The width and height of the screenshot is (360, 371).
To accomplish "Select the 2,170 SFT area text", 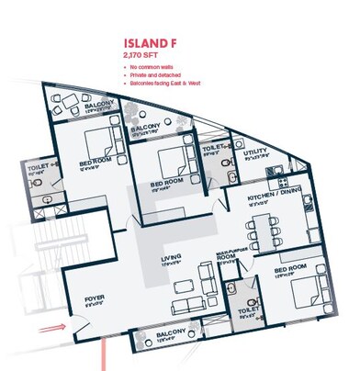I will pyautogui.click(x=141, y=54).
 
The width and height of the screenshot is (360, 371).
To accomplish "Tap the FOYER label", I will pyautogui.click(x=94, y=298).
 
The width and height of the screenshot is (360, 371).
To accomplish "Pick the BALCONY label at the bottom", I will pyautogui.click(x=173, y=332).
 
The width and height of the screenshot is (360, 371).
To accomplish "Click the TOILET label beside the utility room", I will pyautogui.click(x=214, y=146).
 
